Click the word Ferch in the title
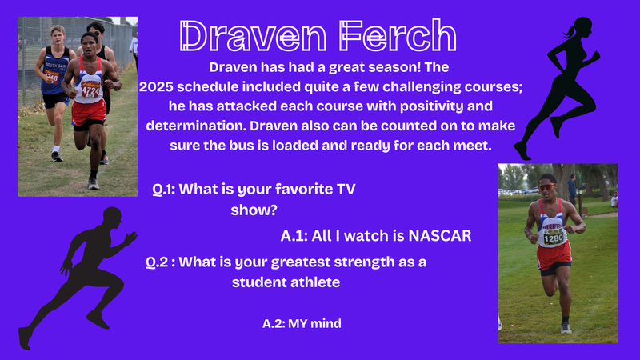click(x=399, y=34)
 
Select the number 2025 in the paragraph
click(x=158, y=86)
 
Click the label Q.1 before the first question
click(x=163, y=190)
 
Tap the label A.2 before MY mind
click(x=275, y=323)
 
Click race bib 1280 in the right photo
click(x=553, y=238)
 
